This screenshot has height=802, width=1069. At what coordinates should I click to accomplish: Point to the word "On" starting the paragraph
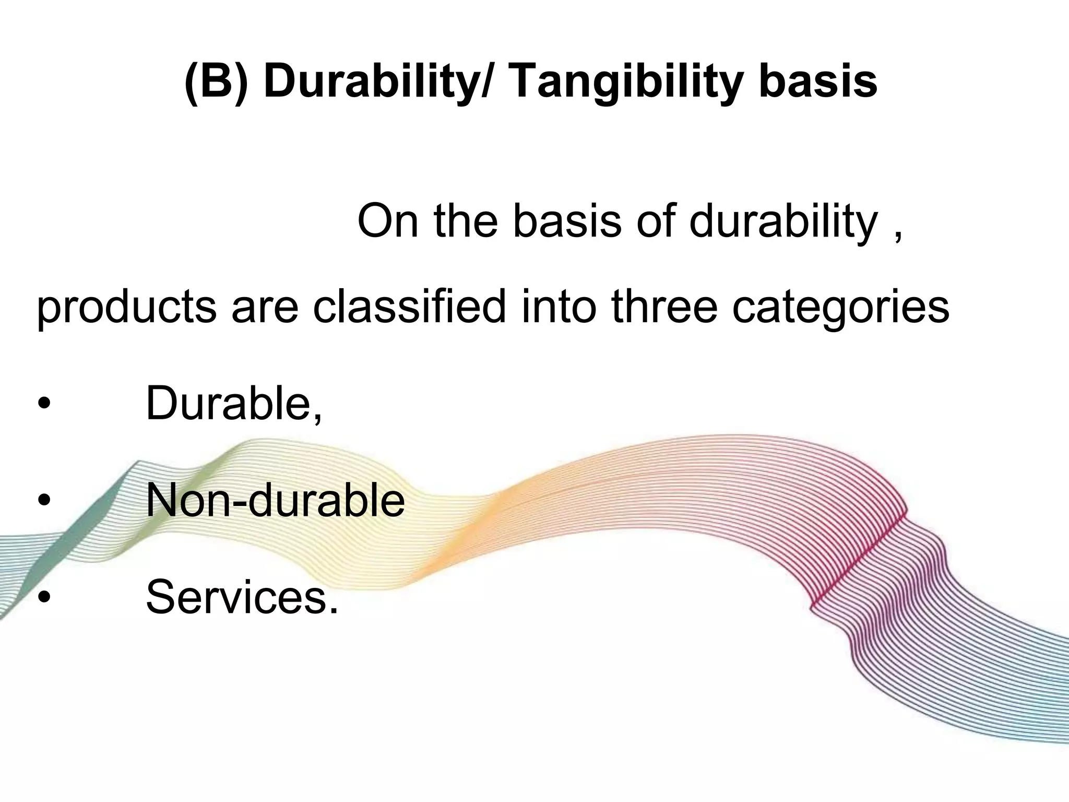coord(388,221)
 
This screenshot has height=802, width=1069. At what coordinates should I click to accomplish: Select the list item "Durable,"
coord(234,403)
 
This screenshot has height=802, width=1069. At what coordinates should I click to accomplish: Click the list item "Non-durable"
coord(275,500)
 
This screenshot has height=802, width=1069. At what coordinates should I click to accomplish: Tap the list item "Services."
coord(242,596)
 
